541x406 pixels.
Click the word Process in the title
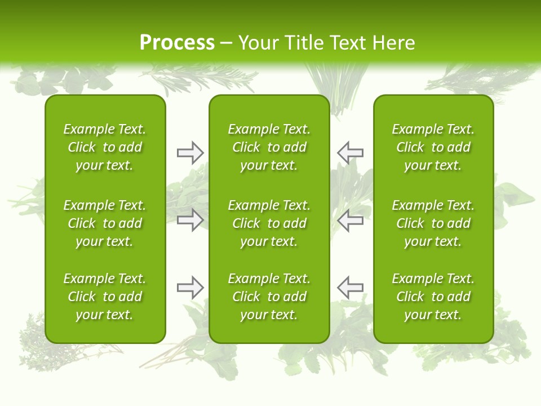[177, 43]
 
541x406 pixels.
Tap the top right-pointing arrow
[190, 153]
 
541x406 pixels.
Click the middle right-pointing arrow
[190, 220]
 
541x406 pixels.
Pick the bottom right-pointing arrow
[190, 288]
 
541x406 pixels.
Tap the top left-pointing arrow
[350, 153]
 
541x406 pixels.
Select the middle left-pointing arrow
[350, 220]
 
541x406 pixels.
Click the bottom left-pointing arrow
[350, 288]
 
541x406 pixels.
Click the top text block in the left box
[105, 147]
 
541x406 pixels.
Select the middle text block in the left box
[105, 223]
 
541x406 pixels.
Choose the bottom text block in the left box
[105, 297]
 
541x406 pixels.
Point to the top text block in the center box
[269, 147]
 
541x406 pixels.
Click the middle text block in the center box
[269, 223]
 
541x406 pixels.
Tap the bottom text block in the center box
[269, 297]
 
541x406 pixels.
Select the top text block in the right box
[433, 147]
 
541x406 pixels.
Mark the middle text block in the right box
[433, 223]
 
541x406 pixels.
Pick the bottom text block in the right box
[433, 297]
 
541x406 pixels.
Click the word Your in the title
[258, 43]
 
